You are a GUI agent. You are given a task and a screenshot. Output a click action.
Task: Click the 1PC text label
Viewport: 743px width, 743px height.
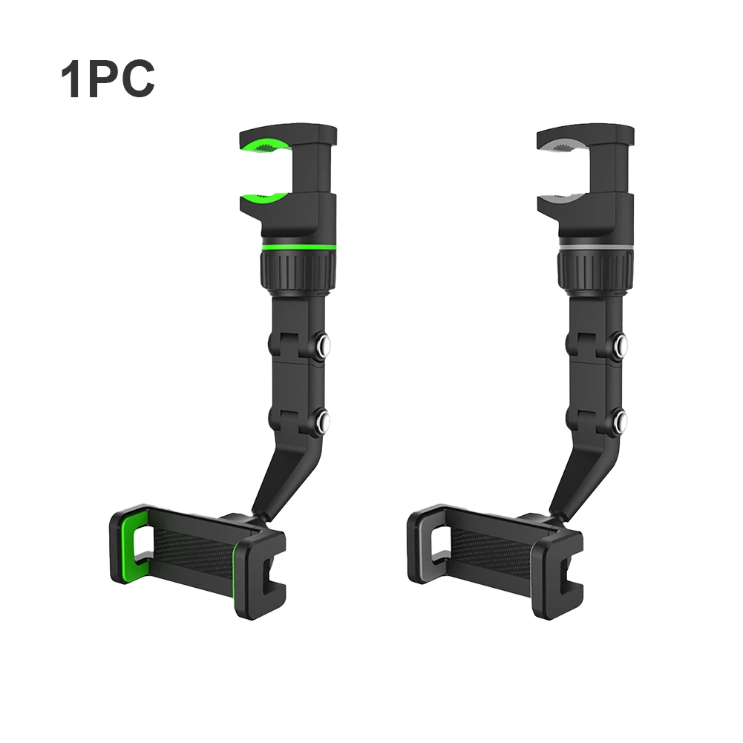point(108,79)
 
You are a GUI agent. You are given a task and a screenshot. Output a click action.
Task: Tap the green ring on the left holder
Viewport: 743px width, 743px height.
point(298,248)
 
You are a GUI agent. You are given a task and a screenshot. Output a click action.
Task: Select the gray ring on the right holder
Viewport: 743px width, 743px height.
point(595,248)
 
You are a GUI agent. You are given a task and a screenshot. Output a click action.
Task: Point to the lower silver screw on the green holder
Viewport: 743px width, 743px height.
point(323,419)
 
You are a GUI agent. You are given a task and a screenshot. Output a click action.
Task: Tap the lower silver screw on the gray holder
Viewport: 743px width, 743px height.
point(621,419)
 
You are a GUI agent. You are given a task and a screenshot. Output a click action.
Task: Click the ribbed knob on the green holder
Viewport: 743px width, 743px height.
point(298,271)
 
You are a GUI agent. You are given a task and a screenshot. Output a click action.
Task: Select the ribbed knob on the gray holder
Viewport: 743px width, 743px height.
point(595,271)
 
